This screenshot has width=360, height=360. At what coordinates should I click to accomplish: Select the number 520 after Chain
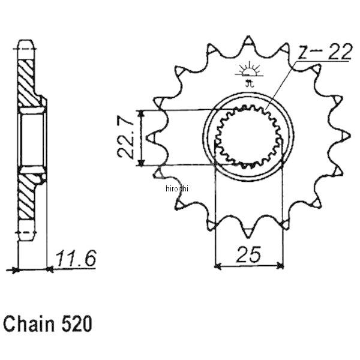[76, 325]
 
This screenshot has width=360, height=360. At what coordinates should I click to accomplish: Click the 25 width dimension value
[249, 255]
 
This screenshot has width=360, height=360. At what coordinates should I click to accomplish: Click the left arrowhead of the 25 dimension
[218, 264]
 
